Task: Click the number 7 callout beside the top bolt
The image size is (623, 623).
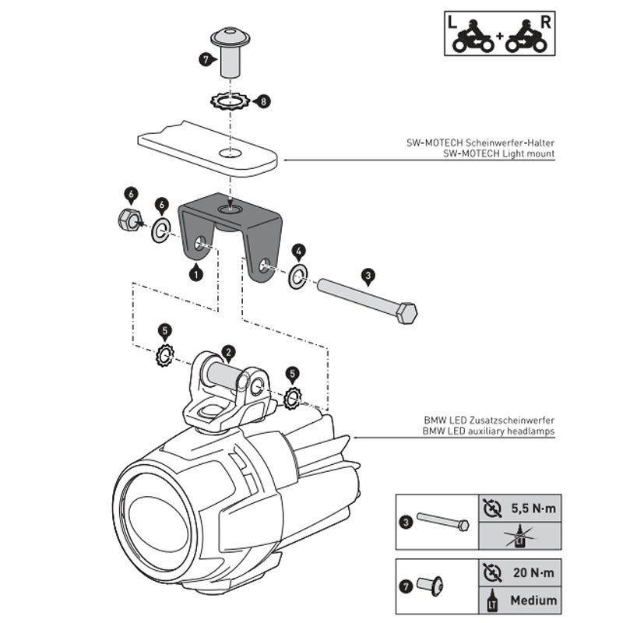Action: pos(206,60)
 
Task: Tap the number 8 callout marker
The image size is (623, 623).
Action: pos(262,101)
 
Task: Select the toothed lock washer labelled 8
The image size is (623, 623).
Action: pos(230,101)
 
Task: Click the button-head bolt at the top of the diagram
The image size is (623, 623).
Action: pos(230,52)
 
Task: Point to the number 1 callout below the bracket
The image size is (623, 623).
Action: pos(196,273)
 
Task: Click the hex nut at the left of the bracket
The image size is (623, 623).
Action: pos(130,219)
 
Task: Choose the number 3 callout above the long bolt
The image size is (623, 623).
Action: pos(368,276)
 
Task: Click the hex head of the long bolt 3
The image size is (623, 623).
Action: pos(407,313)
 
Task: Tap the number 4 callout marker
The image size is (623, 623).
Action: pos(299,251)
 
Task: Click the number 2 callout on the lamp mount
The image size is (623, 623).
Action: pos(228,353)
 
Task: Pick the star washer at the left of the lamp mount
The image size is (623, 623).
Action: pos(165,355)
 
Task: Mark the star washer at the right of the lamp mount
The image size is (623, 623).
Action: pos(294,398)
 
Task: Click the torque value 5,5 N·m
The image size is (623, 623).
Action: pos(533,509)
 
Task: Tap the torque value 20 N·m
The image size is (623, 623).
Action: pos(533,572)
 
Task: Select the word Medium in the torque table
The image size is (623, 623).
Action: pos(533,600)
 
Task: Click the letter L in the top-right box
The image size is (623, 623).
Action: pos(452,23)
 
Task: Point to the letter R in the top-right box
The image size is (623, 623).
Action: pos(546,23)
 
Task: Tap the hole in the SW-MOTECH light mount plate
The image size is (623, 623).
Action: pos(231,153)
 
